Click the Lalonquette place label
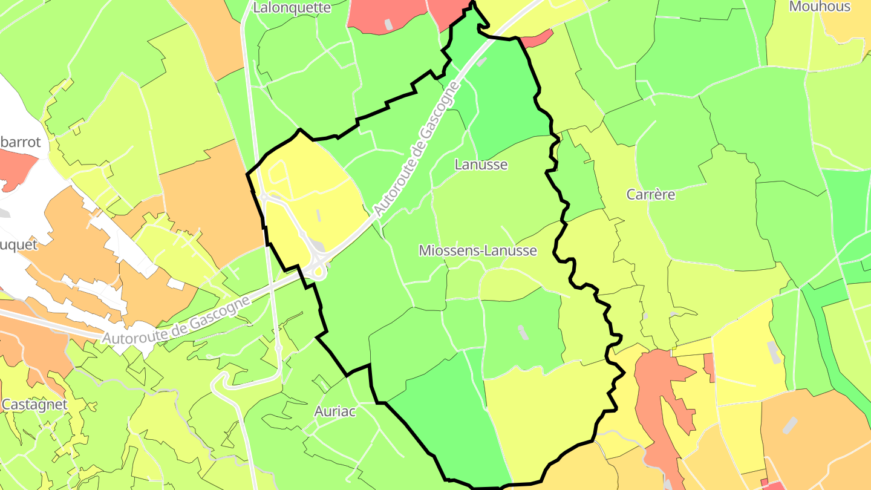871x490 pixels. coord(292,8)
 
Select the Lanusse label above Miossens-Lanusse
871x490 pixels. coord(481,164)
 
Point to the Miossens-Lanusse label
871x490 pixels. coord(478,250)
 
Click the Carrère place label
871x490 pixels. coord(651,194)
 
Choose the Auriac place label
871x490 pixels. coord(335,411)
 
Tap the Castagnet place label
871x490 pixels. coord(34,404)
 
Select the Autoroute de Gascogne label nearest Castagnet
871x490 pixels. coord(175,321)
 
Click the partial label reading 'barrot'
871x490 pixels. coord(21,142)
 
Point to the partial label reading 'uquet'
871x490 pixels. coord(19,245)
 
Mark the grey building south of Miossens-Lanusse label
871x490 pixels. coord(521,332)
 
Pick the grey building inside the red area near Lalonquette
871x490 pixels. coord(388,24)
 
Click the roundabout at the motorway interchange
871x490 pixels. coord(316,271)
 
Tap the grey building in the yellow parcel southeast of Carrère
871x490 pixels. coord(773,351)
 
